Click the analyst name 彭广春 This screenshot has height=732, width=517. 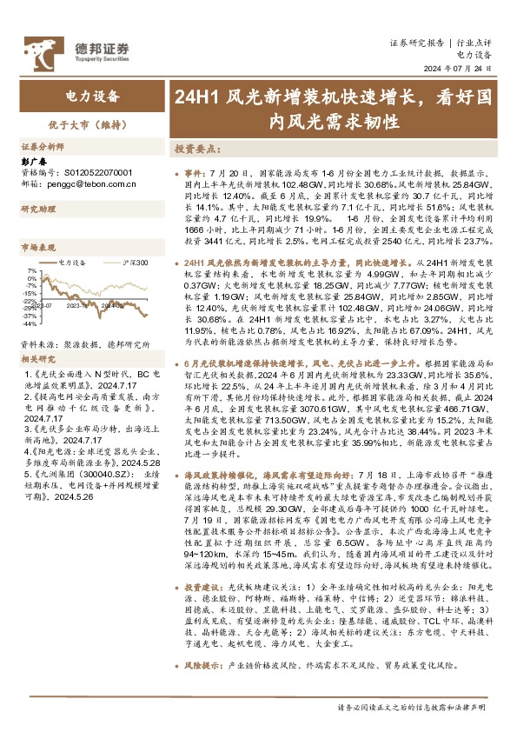point(33,161)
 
